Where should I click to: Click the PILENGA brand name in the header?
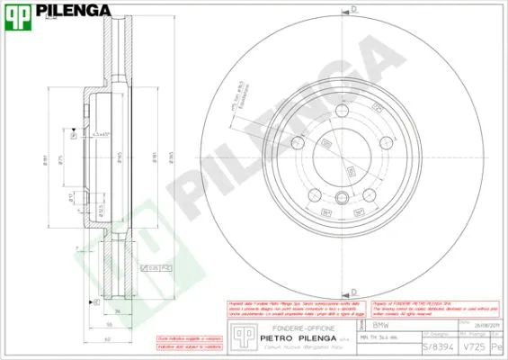coord(74,12)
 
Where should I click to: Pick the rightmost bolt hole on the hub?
coord(388,142)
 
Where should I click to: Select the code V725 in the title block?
coord(469,346)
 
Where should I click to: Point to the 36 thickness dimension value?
coord(117,310)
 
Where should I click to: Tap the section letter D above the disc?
coord(353,8)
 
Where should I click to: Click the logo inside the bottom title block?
coord(240,334)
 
